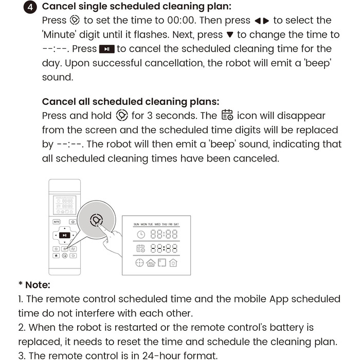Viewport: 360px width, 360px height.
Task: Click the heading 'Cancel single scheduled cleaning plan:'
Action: (x=136, y=7)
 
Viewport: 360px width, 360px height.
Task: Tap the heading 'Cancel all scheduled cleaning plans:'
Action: (x=130, y=101)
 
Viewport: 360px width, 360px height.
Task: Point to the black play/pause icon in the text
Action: (x=106, y=49)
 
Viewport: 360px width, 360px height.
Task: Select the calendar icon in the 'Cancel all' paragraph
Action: (x=227, y=115)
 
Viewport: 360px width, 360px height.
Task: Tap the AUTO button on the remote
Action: (x=57, y=222)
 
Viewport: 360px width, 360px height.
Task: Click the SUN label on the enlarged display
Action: (x=136, y=224)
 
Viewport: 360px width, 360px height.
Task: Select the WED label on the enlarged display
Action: (x=158, y=224)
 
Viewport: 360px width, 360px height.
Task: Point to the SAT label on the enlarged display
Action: (x=176, y=224)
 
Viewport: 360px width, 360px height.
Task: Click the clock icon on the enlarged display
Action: (x=140, y=235)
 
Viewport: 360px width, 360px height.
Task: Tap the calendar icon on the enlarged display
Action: (x=140, y=249)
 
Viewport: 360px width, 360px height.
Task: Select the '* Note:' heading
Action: (x=34, y=284)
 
